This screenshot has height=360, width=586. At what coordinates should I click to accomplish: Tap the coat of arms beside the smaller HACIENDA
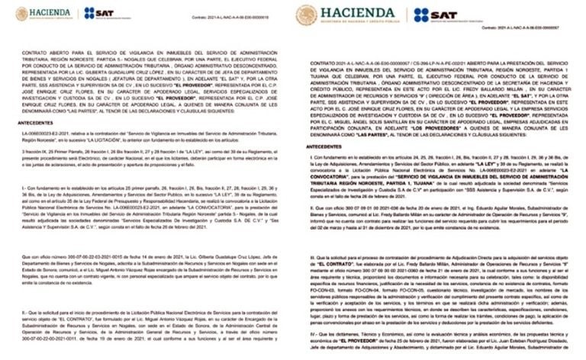coord(21,14)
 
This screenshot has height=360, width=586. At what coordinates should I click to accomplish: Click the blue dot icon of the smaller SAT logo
coord(89,13)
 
